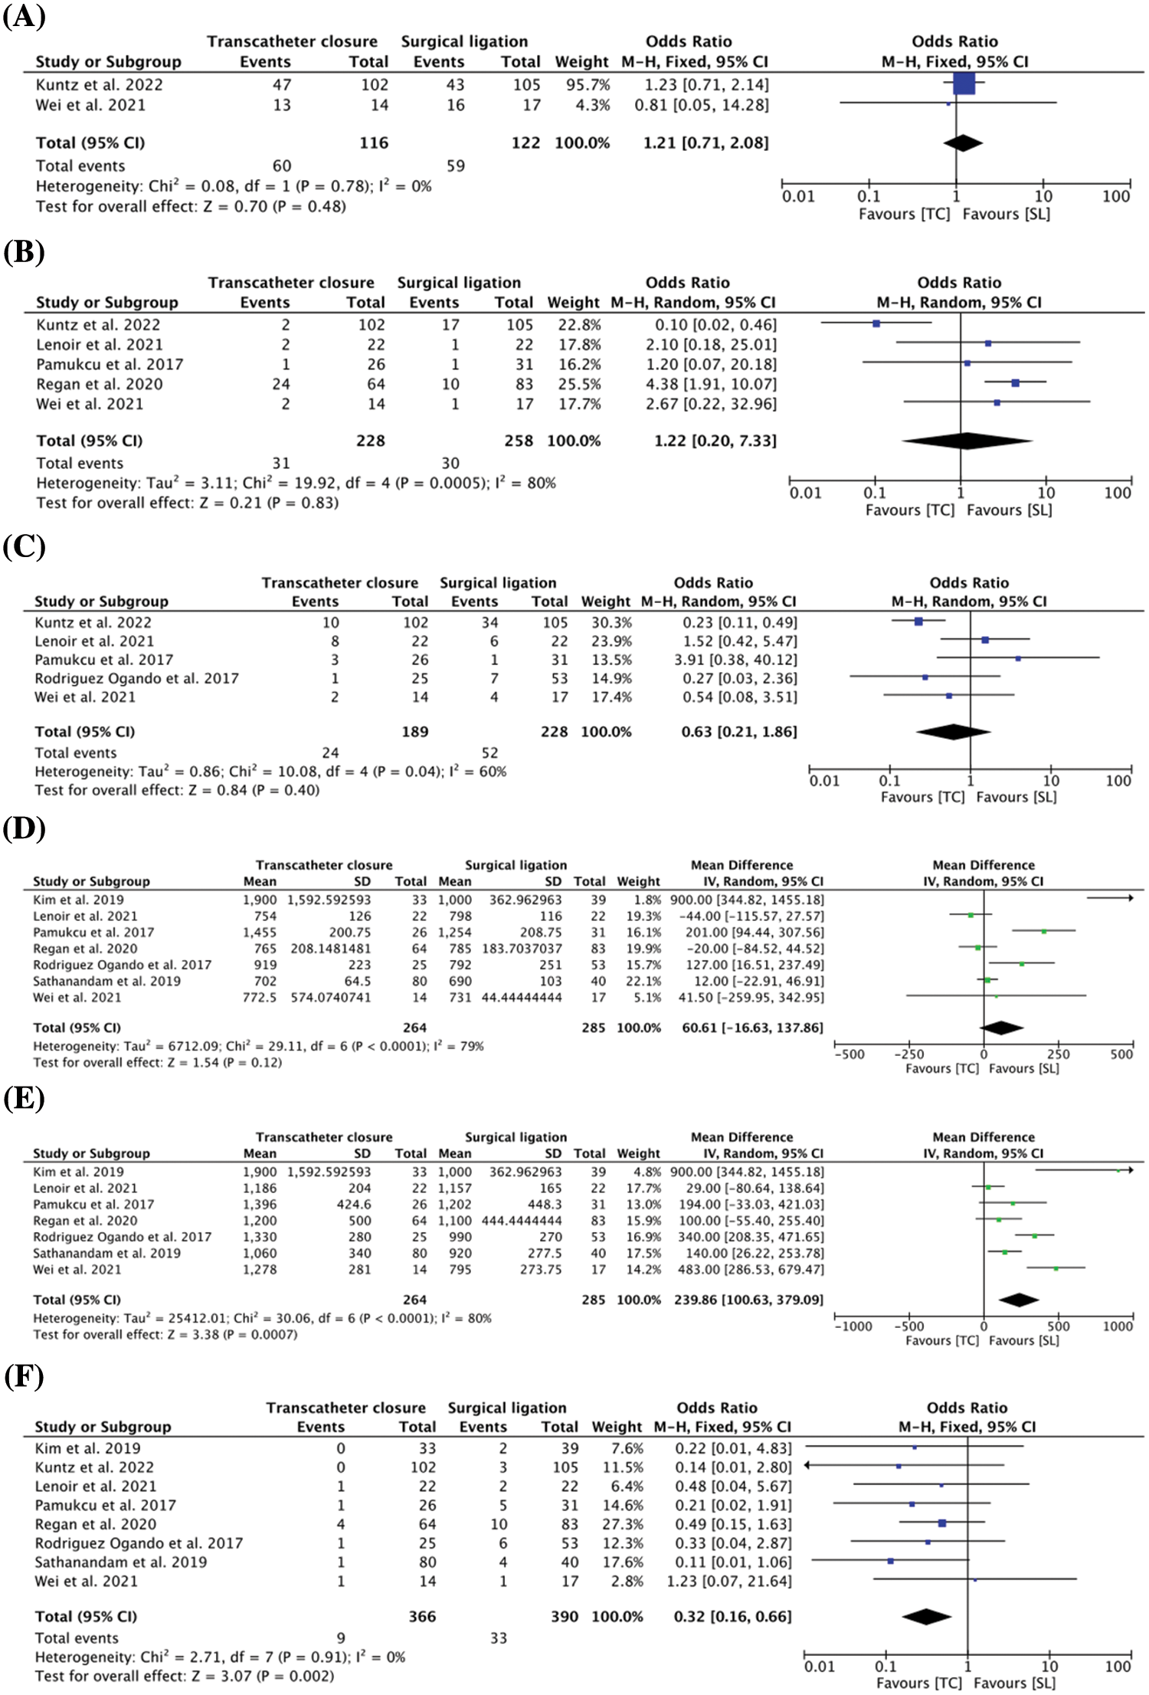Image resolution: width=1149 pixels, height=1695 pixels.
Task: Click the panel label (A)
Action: coord(24,16)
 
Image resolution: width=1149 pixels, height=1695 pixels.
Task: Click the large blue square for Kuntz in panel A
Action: coord(964,84)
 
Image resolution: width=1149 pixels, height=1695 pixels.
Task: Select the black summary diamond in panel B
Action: coord(967,441)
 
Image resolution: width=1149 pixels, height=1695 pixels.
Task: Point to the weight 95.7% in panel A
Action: coord(588,84)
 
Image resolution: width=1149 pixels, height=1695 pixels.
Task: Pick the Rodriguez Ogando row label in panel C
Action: coord(136,678)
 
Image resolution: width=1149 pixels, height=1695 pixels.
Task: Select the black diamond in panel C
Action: coord(953,732)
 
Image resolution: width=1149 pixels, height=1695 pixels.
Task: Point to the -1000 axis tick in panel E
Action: coord(853,1326)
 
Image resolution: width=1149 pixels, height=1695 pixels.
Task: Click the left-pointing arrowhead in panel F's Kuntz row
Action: coord(808,1466)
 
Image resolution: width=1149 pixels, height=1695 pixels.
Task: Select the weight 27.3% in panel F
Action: coord(617,1524)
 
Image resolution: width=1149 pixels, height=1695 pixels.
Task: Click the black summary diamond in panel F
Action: coord(926,1616)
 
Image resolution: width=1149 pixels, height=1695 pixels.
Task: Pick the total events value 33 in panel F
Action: coord(498,1638)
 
